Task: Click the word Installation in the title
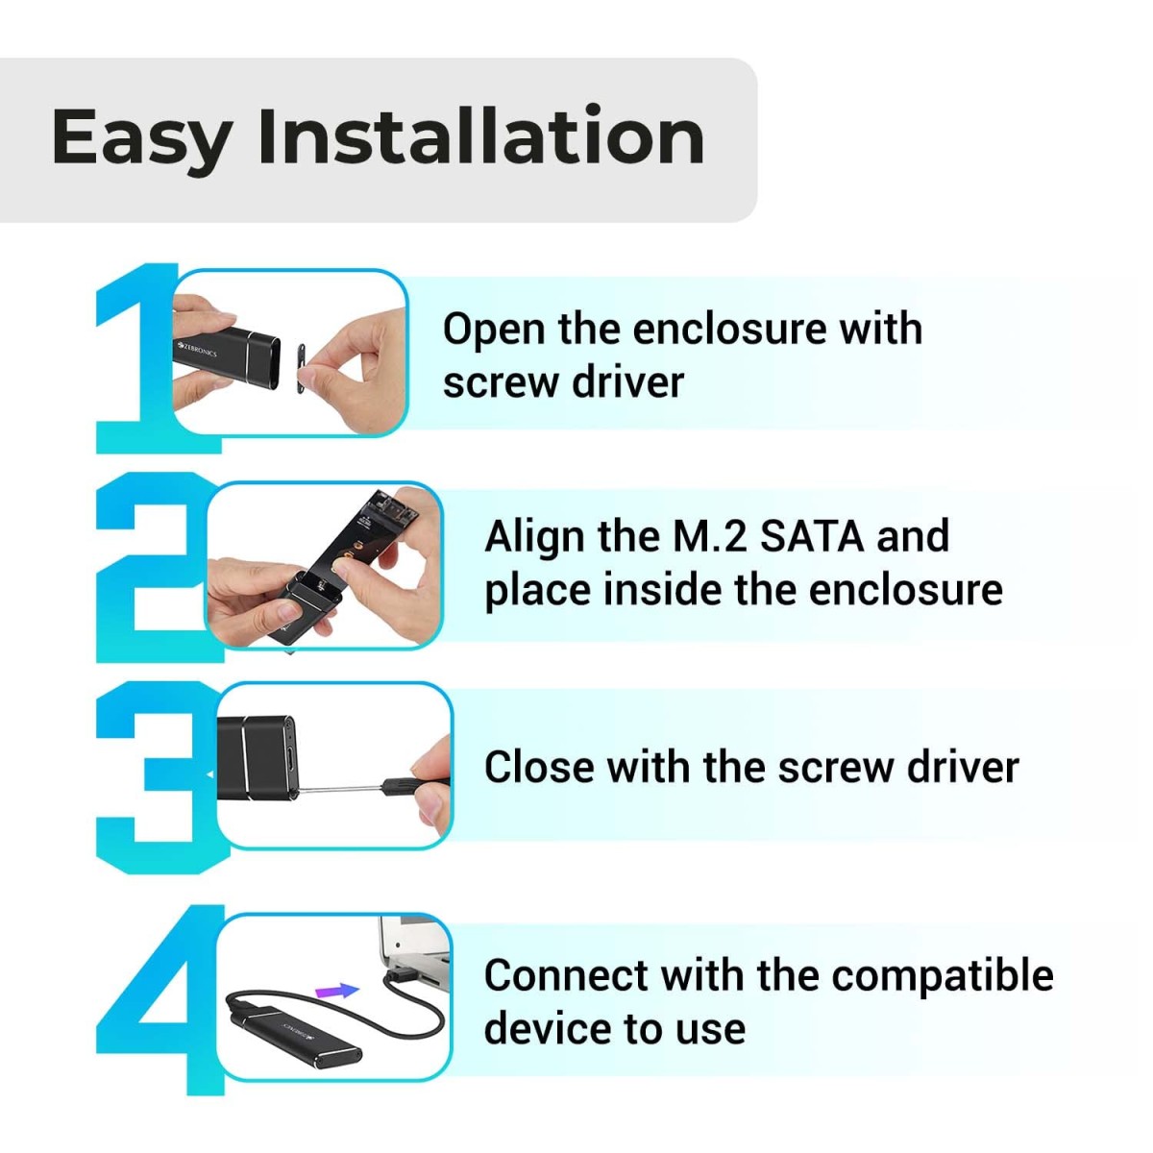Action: click(x=480, y=136)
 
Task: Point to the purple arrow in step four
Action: click(x=336, y=991)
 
